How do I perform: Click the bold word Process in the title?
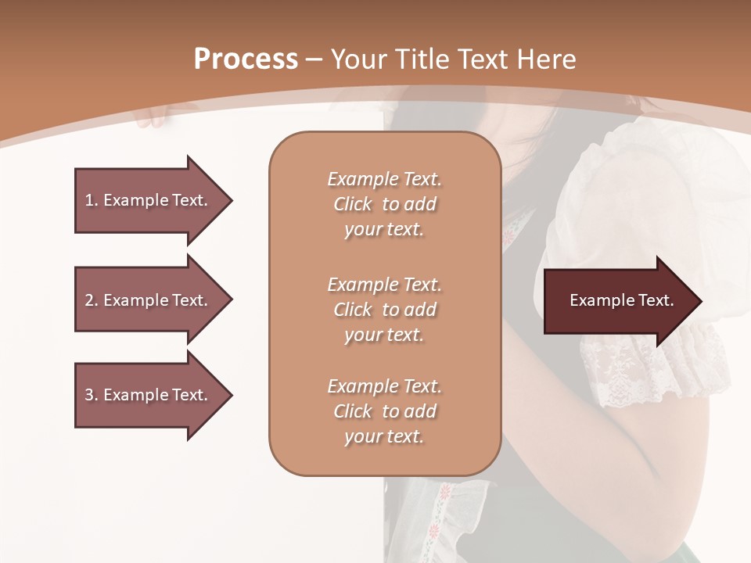pos(246,59)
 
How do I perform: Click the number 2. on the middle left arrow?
pos(92,300)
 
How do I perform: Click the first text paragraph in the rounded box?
pos(384,204)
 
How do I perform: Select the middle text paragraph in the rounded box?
pos(384,309)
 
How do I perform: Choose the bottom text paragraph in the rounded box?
pos(384,411)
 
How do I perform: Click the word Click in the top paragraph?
pos(353,204)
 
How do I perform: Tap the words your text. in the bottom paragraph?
pos(384,437)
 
